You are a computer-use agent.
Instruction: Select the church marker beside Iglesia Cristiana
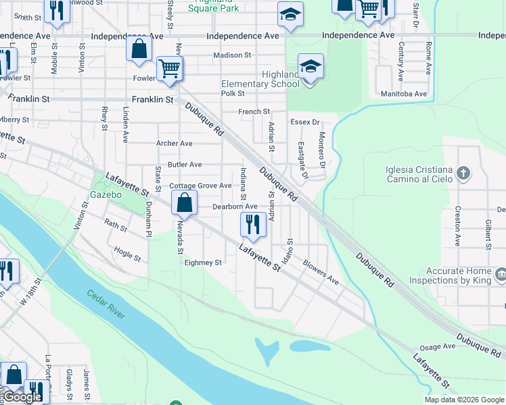pos(463,173)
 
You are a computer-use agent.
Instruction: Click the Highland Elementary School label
pos(260,79)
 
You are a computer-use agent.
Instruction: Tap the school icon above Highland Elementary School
pos(310,67)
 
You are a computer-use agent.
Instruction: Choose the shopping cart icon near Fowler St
pos(168,68)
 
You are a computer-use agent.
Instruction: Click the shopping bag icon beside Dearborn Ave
pos(184,202)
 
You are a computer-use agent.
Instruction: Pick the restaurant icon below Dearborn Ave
pos(253,224)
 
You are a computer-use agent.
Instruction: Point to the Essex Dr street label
pos(304,122)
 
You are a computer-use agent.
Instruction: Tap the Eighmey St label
pos(203,263)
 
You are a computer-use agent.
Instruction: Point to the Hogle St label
pos(127,254)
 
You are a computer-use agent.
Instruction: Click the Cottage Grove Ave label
pos(200,186)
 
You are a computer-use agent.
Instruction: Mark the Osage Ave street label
pos(438,347)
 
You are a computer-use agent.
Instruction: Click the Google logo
pos(22,398)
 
